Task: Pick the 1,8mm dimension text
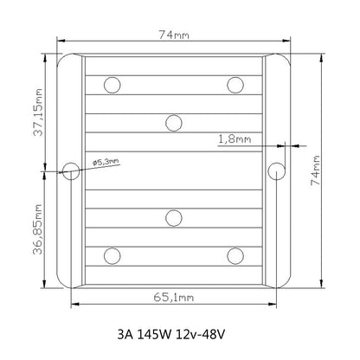pos(235,137)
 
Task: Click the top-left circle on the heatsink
pos(112,84)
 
